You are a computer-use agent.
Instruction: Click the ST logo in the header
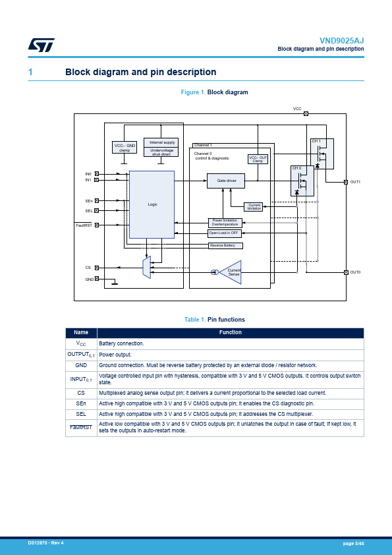pyautogui.click(x=42, y=45)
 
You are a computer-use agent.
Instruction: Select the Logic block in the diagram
pyautogui.click(x=152, y=204)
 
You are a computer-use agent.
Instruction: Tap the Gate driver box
pyautogui.click(x=226, y=181)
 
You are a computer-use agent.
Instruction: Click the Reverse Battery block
pyautogui.click(x=225, y=246)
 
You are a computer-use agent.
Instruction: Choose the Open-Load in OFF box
pyautogui.click(x=224, y=233)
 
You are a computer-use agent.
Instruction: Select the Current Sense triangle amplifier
pyautogui.click(x=231, y=272)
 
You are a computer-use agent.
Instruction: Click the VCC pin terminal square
pyautogui.click(x=306, y=113)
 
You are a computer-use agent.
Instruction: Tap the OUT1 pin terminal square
pyautogui.click(x=346, y=182)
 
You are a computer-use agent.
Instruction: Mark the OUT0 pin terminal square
pyautogui.click(x=346, y=272)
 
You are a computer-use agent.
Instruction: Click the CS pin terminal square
pyautogui.click(x=97, y=268)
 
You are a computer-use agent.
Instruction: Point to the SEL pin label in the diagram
pyautogui.click(x=89, y=211)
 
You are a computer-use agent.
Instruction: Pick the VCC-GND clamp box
pyautogui.click(x=125, y=148)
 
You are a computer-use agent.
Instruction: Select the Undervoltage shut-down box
pyautogui.click(x=161, y=152)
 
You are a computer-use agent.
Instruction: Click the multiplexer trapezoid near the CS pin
pyautogui.click(x=146, y=267)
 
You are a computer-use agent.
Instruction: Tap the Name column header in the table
pyautogui.click(x=81, y=333)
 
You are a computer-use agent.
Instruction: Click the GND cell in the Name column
pyautogui.click(x=81, y=366)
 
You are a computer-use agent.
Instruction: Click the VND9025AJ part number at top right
pyautogui.click(x=341, y=41)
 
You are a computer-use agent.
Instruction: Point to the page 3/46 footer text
pyautogui.click(x=353, y=543)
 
